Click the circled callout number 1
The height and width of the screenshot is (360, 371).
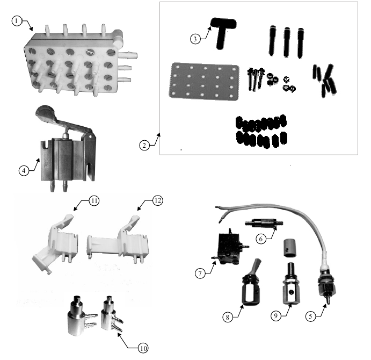click(x=16, y=21)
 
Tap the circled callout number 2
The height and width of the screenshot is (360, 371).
click(x=144, y=145)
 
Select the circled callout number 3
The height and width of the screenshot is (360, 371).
click(x=195, y=39)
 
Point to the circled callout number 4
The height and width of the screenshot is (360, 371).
click(x=24, y=170)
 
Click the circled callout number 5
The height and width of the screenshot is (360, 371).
click(x=311, y=316)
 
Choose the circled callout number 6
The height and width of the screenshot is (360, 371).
click(x=261, y=239)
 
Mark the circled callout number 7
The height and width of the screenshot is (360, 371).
click(x=200, y=273)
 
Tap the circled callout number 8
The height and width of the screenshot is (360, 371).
click(x=228, y=317)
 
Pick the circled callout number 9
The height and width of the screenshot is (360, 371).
click(x=276, y=316)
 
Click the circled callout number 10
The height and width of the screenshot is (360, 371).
click(x=143, y=348)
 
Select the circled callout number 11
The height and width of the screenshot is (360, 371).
click(x=94, y=201)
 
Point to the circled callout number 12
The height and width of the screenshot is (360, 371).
click(x=157, y=200)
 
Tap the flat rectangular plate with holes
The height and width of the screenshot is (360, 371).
click(x=204, y=82)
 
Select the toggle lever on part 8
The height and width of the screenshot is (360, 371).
click(x=257, y=267)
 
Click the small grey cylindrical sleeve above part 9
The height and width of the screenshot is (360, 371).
click(x=289, y=248)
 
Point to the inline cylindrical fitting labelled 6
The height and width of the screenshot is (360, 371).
click(x=264, y=223)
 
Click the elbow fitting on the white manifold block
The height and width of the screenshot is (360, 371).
click(x=118, y=38)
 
